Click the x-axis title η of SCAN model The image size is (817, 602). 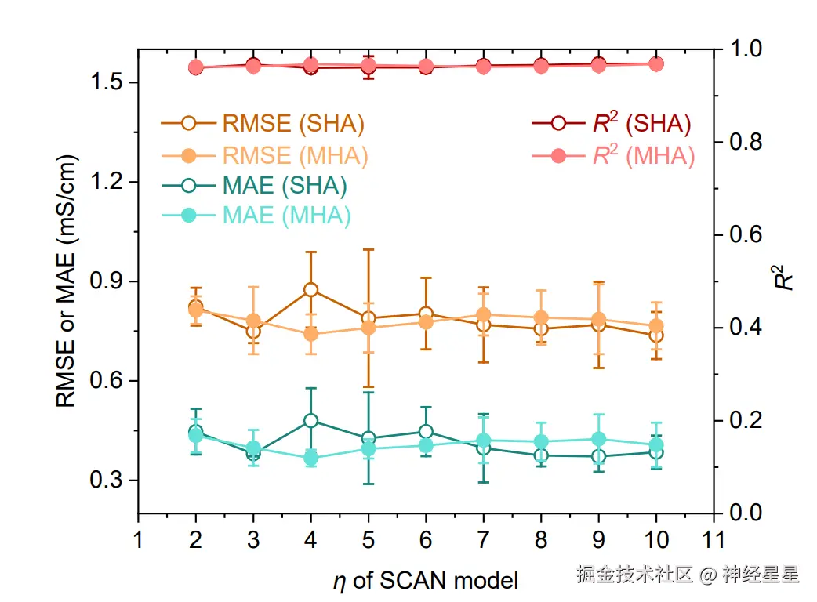(x=425, y=581)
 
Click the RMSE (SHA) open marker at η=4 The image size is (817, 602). (x=310, y=289)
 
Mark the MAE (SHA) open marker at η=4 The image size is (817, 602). (x=310, y=420)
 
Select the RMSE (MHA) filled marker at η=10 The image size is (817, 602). (x=655, y=326)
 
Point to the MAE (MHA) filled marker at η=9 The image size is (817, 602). (x=598, y=439)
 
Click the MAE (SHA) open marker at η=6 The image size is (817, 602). (x=426, y=431)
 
